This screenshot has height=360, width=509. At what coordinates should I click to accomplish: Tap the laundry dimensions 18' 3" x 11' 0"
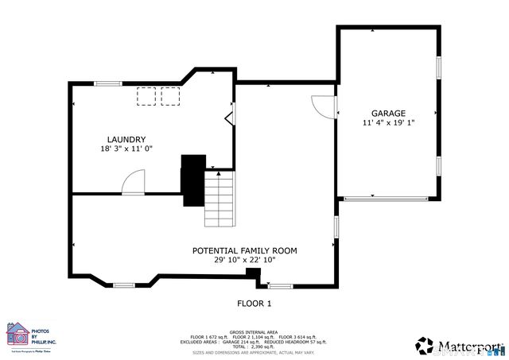(x=126, y=149)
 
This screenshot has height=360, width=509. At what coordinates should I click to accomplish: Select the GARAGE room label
(x=388, y=114)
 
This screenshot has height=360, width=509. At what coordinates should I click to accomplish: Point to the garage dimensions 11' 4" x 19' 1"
(x=388, y=123)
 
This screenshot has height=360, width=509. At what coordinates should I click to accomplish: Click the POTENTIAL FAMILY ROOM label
(x=244, y=250)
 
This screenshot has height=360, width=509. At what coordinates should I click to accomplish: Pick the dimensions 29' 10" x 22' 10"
(x=244, y=261)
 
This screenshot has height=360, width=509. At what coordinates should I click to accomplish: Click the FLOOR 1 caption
(x=254, y=303)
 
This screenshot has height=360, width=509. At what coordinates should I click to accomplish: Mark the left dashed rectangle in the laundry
(x=146, y=96)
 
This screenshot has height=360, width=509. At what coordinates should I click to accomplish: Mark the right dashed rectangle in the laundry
(x=170, y=96)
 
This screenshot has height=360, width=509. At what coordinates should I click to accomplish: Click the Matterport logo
(x=459, y=346)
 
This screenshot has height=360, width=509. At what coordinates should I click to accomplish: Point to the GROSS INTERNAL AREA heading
(x=254, y=331)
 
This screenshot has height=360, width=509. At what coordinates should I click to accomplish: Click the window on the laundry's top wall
(x=108, y=83)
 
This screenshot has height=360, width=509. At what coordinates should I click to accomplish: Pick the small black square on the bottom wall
(x=253, y=274)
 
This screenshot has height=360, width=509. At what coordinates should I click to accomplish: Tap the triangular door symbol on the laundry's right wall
(x=230, y=119)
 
